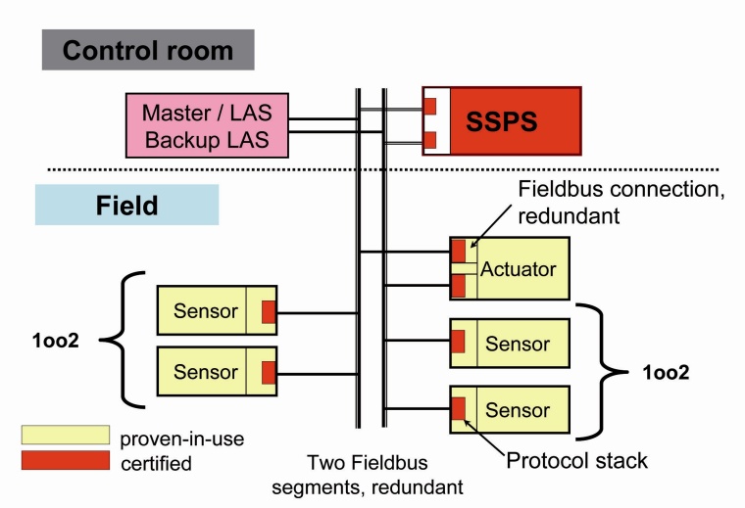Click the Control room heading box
(148, 50)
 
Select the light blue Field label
(126, 206)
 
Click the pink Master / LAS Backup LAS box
(207, 126)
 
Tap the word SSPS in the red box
(516, 120)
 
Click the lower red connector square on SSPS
(429, 140)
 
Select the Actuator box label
(519, 269)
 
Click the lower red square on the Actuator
(458, 286)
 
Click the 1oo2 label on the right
(667, 373)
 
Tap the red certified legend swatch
(65, 460)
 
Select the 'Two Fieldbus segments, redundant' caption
(381, 472)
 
